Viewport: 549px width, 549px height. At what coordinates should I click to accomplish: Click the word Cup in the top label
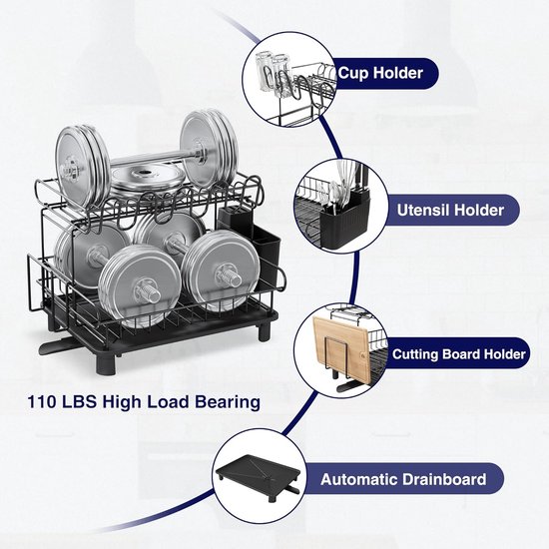pyautogui.click(x=353, y=73)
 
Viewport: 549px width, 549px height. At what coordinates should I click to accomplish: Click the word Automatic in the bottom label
pyautogui.click(x=358, y=479)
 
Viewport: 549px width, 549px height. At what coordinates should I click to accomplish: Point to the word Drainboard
pyautogui.click(x=444, y=479)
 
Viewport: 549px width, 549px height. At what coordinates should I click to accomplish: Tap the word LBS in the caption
pyautogui.click(x=79, y=402)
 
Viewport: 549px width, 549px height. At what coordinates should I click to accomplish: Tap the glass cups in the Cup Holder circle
pyautogui.click(x=273, y=73)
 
